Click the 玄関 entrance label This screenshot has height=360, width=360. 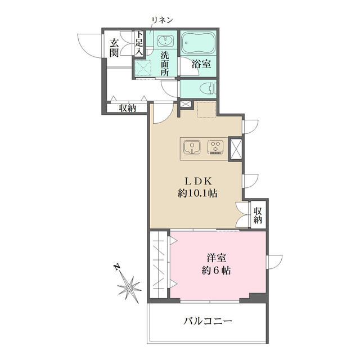(x=114, y=47)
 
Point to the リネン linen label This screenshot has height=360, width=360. (x=161, y=20)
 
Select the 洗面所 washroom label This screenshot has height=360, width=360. (x=165, y=64)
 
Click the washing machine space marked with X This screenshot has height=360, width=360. (x=143, y=69)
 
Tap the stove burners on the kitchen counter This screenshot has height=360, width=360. (x=215, y=148)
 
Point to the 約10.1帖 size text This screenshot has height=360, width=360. (x=196, y=193)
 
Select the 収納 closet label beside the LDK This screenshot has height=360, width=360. (x=258, y=215)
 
